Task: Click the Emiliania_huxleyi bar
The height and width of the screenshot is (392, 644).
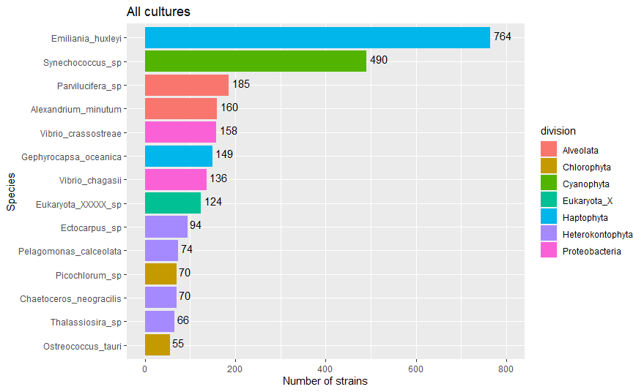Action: coord(317,37)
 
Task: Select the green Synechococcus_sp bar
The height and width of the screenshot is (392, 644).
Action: coord(256,61)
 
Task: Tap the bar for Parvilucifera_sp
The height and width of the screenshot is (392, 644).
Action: coord(187,85)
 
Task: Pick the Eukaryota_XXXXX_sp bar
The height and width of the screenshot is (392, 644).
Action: coord(173,203)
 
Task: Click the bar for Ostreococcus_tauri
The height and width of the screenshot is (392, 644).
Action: coord(158,344)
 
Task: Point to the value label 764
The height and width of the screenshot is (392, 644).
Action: coord(502,36)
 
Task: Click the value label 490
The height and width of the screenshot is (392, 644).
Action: coord(379,60)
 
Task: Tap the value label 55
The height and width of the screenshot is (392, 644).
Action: coord(178,343)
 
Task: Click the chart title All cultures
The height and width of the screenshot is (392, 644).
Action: coord(158,12)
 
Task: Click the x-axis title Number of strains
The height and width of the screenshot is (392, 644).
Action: coord(325,381)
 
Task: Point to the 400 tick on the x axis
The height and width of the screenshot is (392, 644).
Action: coord(326,368)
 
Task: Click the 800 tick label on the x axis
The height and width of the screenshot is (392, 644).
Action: coord(506,368)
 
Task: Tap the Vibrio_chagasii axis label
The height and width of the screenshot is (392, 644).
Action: coord(89,180)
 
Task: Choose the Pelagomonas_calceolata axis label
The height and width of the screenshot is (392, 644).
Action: coord(70,251)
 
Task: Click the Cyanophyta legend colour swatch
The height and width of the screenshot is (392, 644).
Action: coord(549,184)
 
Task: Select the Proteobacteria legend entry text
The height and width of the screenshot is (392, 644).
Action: coord(591,252)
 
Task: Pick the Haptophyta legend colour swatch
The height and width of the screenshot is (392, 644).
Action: coord(549,218)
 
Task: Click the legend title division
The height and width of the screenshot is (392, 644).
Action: coord(558,131)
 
